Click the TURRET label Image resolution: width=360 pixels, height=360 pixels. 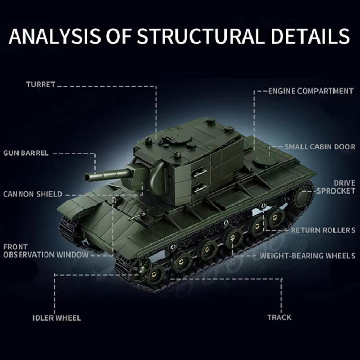coord(40,85)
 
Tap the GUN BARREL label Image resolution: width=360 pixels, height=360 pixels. coord(26,153)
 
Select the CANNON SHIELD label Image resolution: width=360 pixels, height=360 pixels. coord(33,194)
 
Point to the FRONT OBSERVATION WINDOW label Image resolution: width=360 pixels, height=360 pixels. coord(46,251)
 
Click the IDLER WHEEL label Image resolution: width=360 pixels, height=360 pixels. coord(57,318)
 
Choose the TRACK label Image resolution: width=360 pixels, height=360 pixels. coord(279,318)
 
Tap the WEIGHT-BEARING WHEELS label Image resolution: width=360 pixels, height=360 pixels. coord(308,256)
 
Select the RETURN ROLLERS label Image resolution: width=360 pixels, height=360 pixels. coord(323,230)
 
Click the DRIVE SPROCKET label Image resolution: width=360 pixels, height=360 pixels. coord(336,187)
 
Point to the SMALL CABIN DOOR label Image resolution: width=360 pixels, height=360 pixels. coord(320,147)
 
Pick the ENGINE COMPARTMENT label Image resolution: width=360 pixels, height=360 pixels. coord(311,91)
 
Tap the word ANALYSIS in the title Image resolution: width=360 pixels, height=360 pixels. coord(55,36)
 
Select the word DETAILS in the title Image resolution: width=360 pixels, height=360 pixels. coord(310,36)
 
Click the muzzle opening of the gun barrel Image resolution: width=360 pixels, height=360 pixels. coord(87,177)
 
